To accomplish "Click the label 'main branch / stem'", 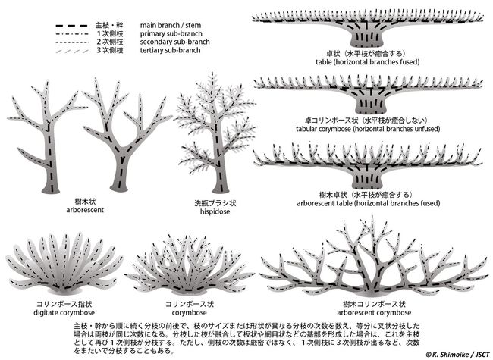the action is click(171, 25).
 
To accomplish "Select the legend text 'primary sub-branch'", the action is click(171, 33).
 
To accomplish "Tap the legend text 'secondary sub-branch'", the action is click(174, 42).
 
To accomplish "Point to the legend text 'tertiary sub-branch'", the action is click(170, 50).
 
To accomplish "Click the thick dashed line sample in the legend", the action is click(71, 26).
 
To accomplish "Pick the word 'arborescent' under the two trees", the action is click(85, 210).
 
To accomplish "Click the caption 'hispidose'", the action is click(215, 211).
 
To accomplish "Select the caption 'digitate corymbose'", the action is click(64, 312).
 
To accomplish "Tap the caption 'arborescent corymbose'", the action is click(374, 312).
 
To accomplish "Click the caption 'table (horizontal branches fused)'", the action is click(368, 62).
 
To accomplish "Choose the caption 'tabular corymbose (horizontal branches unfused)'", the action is click(368, 129).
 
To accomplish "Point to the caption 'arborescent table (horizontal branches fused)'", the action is click(368, 203).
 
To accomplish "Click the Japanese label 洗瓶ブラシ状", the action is click(215, 203).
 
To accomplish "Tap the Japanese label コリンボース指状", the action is click(64, 304).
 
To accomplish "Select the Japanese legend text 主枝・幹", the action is click(109, 26).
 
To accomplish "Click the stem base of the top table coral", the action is click(367, 39).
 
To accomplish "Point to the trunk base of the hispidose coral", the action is click(221, 187).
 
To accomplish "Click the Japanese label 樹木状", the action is click(85, 202).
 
